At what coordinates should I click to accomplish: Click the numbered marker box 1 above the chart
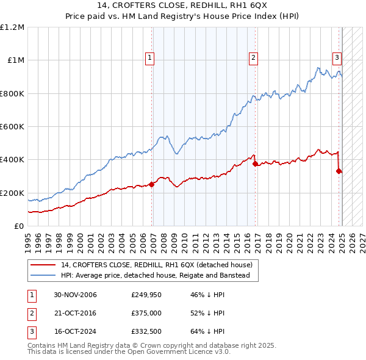click(x=150, y=58)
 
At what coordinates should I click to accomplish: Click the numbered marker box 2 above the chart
click(x=253, y=58)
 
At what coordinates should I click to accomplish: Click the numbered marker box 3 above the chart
click(x=337, y=58)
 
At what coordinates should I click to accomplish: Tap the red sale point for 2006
click(x=152, y=185)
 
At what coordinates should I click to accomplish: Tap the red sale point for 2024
click(x=339, y=171)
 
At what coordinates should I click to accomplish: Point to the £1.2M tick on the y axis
click(x=12, y=27)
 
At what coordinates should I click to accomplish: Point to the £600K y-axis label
click(x=12, y=127)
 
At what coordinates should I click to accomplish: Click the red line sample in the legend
click(x=43, y=265)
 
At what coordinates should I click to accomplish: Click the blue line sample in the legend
click(x=43, y=275)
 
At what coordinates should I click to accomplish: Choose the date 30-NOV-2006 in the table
click(x=75, y=295)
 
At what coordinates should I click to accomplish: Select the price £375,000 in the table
click(x=146, y=313)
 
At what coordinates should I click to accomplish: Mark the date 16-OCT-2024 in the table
click(x=75, y=331)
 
